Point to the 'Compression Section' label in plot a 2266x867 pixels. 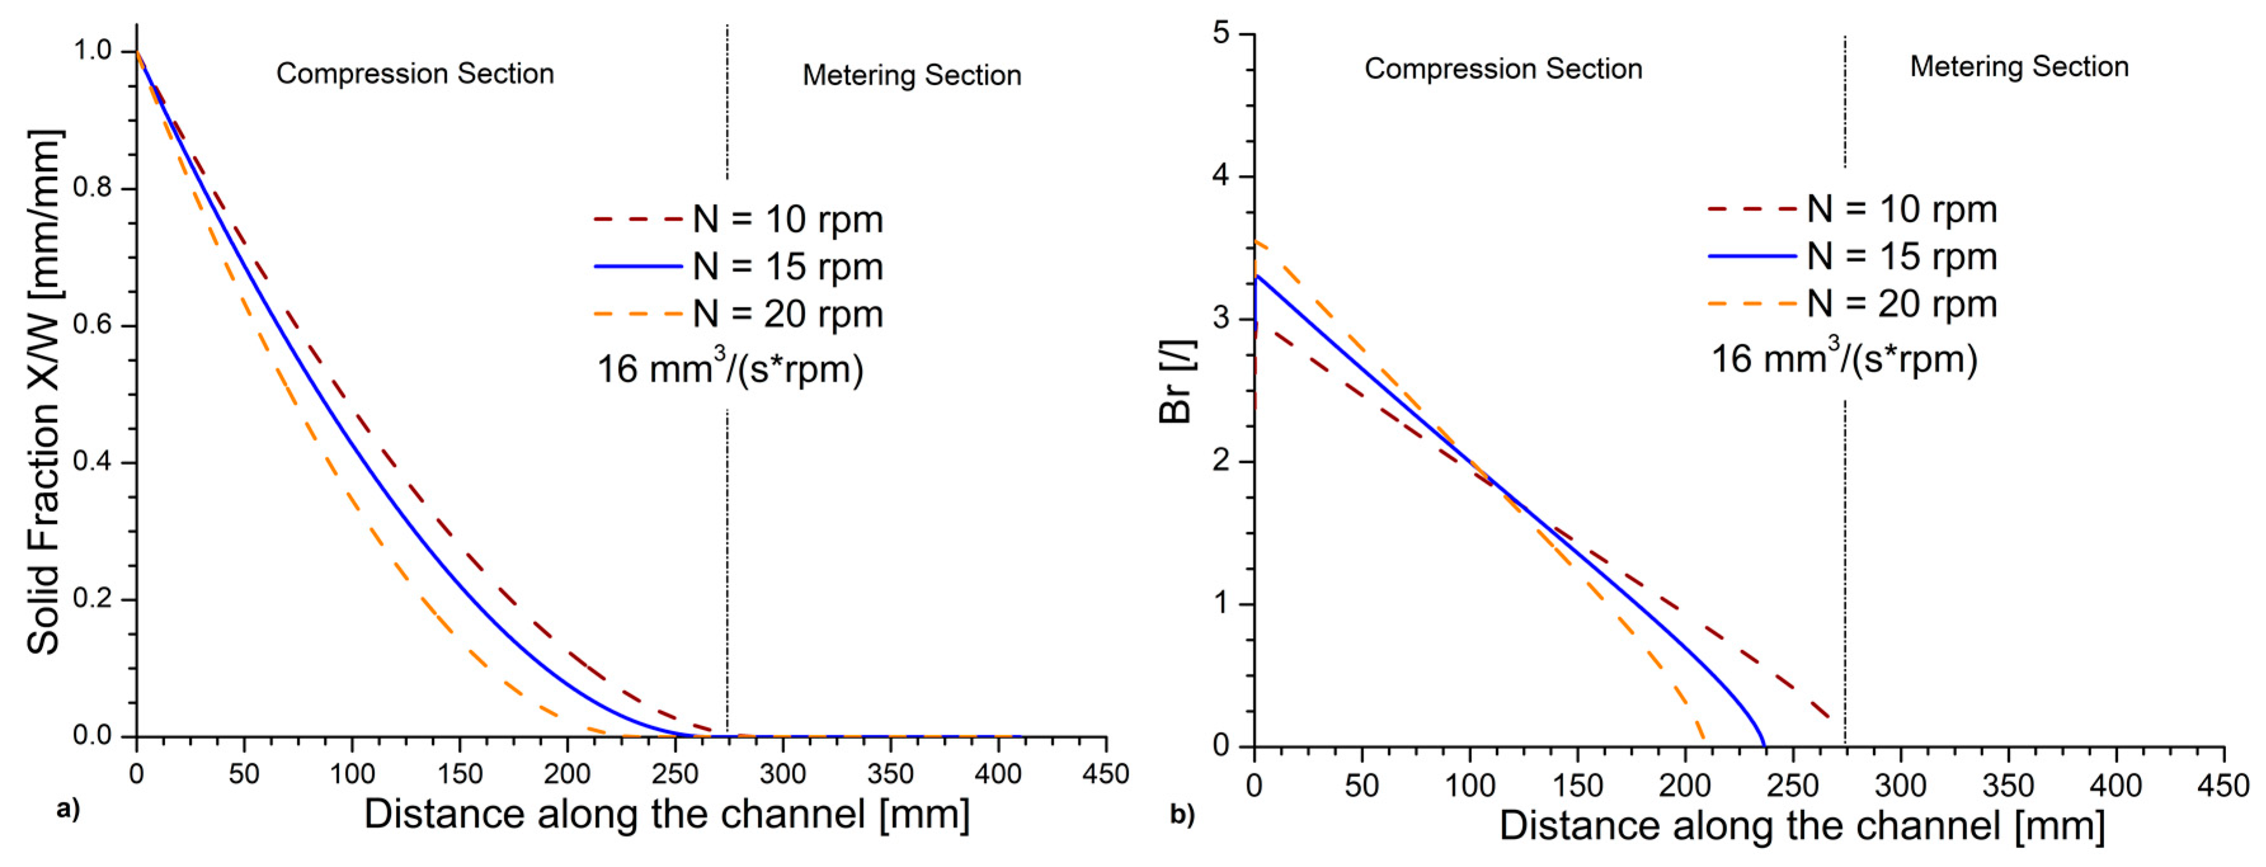[x=415, y=73]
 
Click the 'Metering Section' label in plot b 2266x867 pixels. [x=2019, y=67]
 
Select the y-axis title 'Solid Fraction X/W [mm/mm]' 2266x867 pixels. [x=44, y=392]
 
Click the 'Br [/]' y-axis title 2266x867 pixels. [x=1176, y=381]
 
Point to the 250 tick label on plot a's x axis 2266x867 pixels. [x=675, y=774]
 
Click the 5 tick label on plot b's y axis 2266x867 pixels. [x=1221, y=34]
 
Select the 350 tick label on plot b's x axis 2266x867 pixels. [x=2008, y=785]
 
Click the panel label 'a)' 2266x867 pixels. [x=68, y=808]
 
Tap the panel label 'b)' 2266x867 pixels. [x=1183, y=814]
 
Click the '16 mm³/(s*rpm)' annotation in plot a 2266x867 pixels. [x=730, y=368]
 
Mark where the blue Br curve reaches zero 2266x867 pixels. [x=1764, y=745]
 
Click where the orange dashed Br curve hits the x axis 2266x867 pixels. [x=1704, y=744]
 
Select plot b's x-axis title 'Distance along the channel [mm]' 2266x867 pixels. [x=1801, y=826]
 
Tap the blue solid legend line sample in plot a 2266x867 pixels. [x=639, y=266]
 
